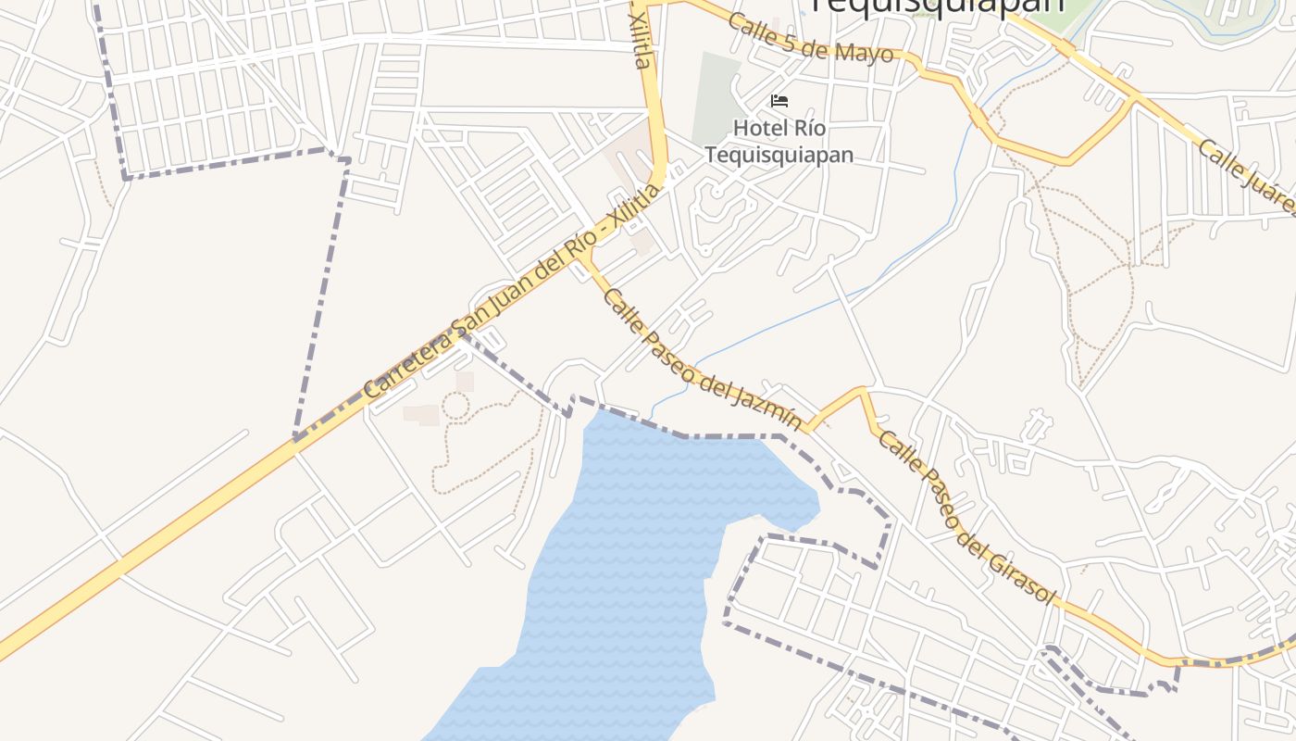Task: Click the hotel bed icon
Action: (779, 100)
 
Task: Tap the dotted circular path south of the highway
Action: (455, 406)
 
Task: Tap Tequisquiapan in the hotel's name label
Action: (779, 154)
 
